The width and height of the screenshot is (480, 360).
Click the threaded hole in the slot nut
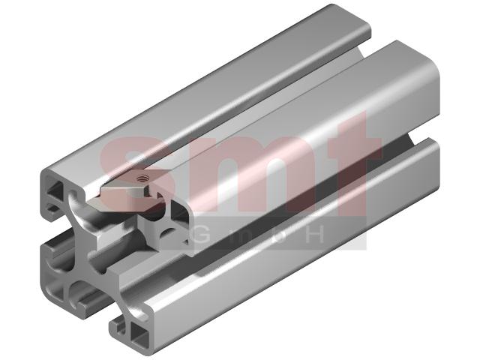pos(142,177)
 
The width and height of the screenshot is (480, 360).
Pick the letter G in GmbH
pos(204,235)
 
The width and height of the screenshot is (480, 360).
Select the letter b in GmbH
pos(277,235)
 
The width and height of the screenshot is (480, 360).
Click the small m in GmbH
pos(241,236)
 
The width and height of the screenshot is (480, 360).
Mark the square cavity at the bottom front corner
pos(139,333)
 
